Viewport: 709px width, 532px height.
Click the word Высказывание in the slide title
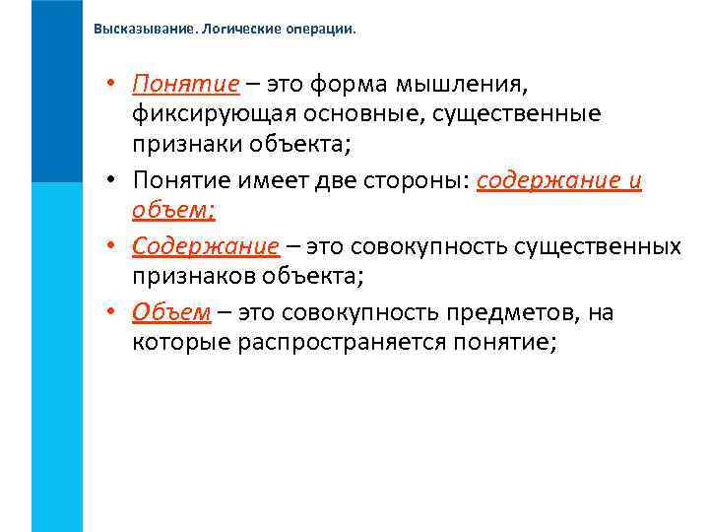142,29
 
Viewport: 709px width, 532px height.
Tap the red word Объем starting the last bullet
171,313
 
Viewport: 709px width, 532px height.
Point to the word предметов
504,313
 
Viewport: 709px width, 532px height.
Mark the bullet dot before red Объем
114,313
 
